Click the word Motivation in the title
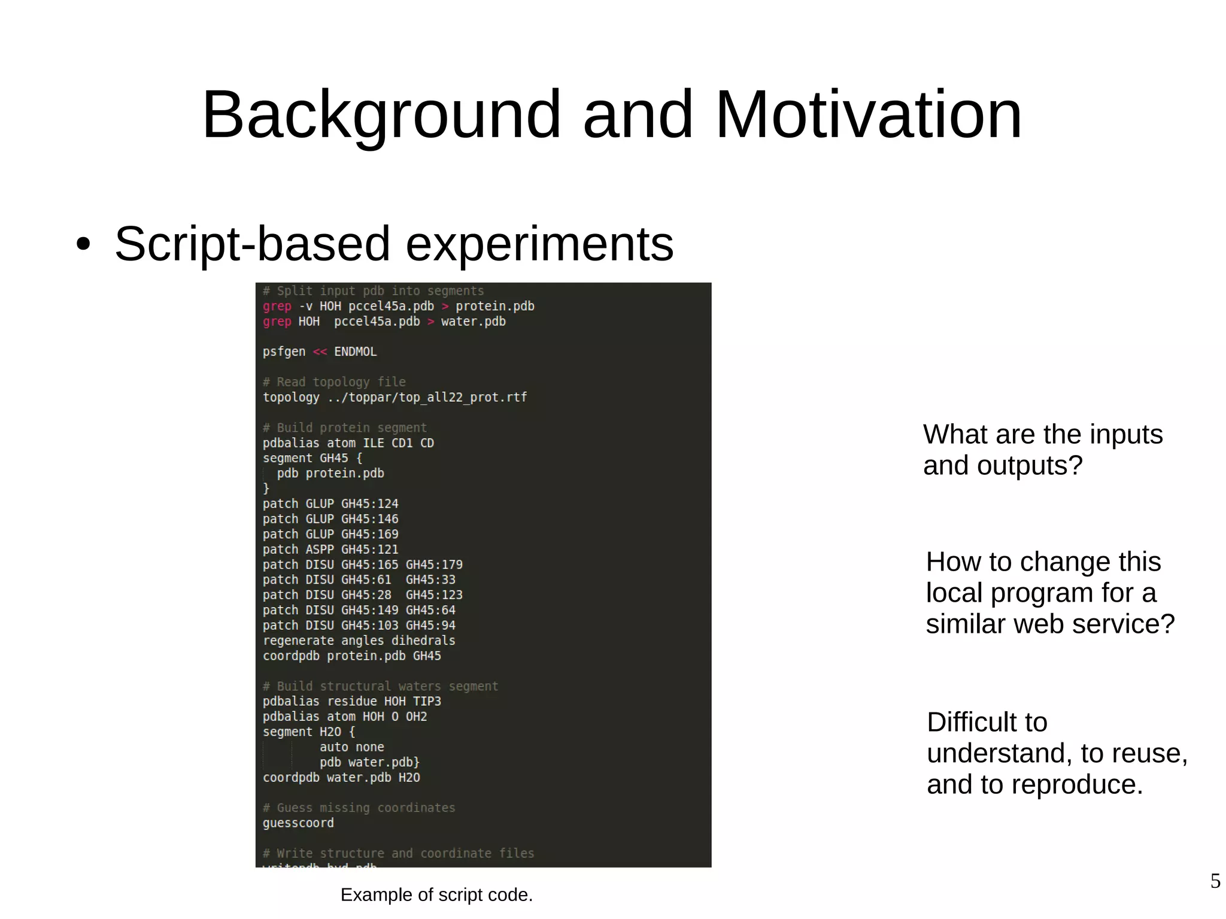pos(868,114)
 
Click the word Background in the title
pos(381,114)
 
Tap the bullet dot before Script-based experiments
pos(83,244)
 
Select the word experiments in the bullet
pos(539,244)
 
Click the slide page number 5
pos(1215,881)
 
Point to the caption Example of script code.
pos(436,894)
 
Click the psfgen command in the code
pos(284,351)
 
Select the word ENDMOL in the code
pos(355,351)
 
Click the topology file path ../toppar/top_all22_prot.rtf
pos(427,397)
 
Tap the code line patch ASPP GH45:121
pos(330,549)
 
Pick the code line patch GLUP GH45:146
pos(330,518)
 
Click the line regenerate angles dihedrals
pos(359,640)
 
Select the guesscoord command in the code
pos(298,823)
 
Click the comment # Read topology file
pos(334,382)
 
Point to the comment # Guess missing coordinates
pos(359,808)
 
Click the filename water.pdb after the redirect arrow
pos(473,322)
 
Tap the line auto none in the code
pos(351,747)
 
